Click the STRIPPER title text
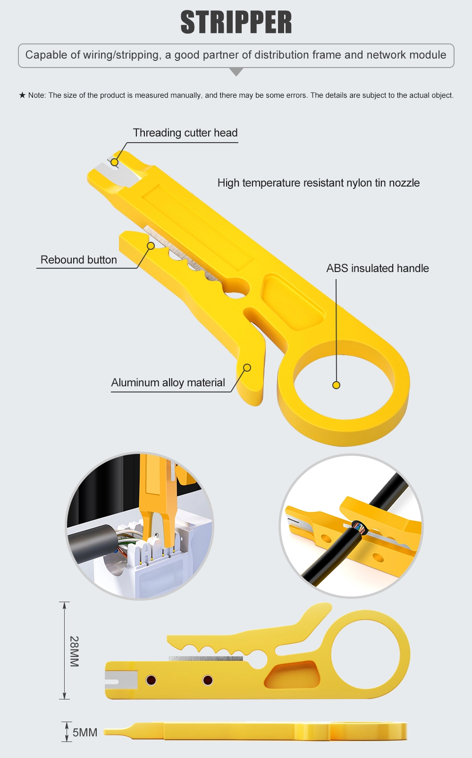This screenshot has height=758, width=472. coord(236,23)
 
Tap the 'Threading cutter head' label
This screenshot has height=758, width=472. coord(185,133)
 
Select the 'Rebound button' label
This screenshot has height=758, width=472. coord(78,260)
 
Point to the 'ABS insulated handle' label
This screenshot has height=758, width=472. coord(377,268)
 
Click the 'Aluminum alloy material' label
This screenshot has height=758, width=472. coord(168,383)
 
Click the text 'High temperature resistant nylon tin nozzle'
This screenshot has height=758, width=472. coord(318,183)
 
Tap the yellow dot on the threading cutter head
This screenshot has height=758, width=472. coord(114,162)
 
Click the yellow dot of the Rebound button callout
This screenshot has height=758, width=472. coord(151,246)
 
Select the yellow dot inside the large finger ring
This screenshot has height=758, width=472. coord(336,385)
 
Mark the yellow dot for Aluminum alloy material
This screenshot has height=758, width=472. coord(247,367)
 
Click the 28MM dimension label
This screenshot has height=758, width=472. coord(75,651)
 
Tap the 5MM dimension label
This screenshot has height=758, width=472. coord(85,732)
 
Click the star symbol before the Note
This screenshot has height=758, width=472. coord(22,95)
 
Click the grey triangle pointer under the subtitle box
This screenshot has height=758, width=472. coord(236,71)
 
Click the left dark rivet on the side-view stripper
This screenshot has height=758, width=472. coord(151,680)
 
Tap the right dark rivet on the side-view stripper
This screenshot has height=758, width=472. coord(208,680)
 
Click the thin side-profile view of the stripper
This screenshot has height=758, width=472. coord(255,731)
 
